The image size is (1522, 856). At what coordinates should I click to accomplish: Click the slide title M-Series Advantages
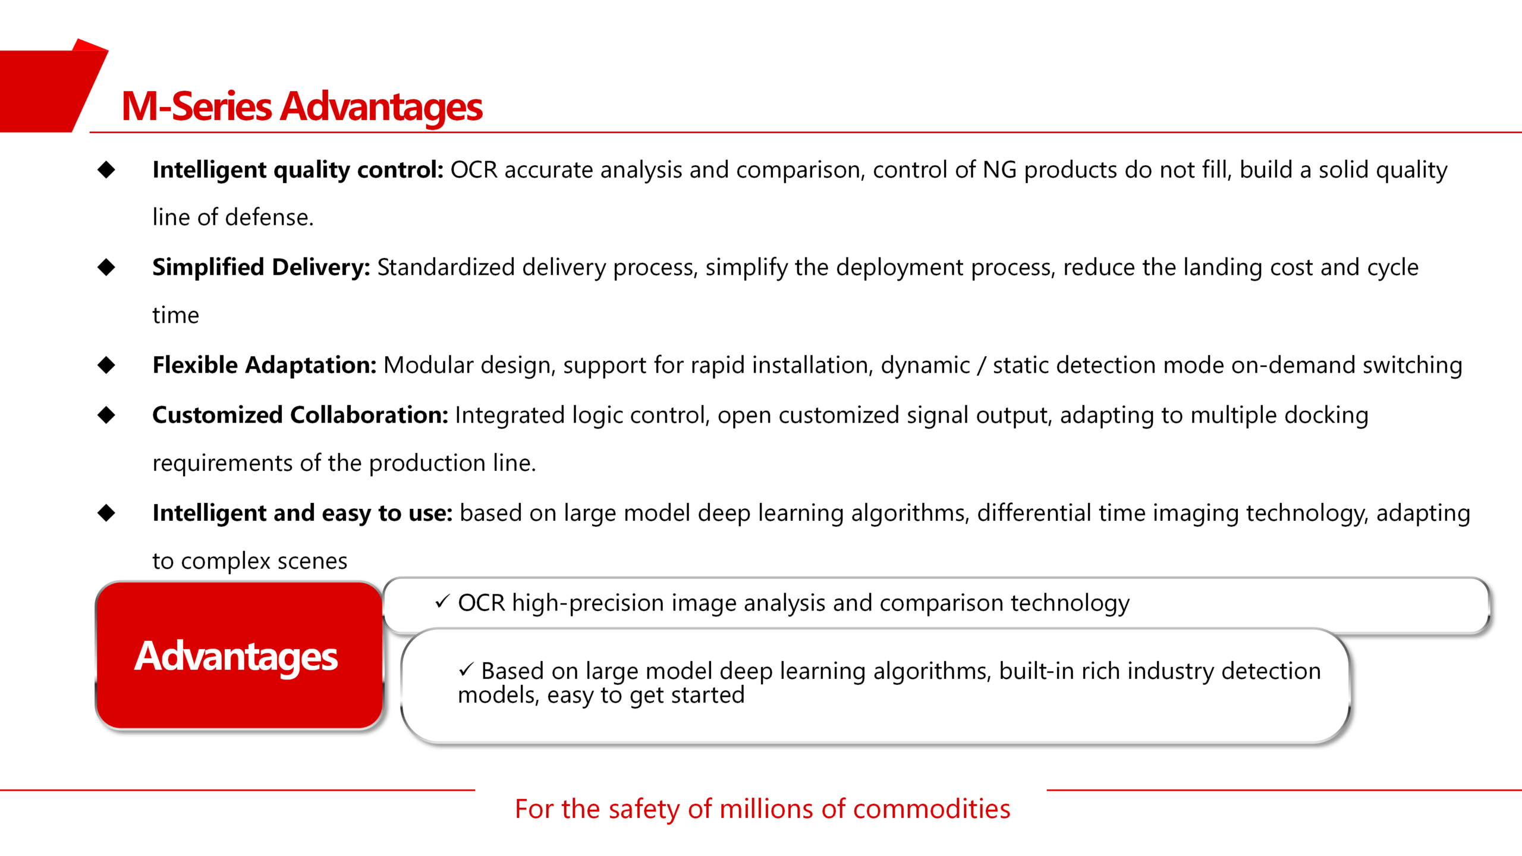click(302, 107)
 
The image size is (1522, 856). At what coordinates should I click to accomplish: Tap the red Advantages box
click(239, 656)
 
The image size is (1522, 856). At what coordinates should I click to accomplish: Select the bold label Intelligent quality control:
click(298, 171)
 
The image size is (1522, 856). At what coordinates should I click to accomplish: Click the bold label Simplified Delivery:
click(261, 268)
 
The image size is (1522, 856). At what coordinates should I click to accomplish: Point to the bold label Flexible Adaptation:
click(265, 365)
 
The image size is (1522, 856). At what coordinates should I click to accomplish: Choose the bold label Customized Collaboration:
click(300, 415)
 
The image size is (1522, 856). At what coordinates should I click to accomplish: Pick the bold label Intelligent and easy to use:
click(303, 513)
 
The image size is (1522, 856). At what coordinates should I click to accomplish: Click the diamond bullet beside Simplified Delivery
click(106, 267)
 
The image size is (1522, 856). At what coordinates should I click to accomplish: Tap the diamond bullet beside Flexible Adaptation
click(106, 365)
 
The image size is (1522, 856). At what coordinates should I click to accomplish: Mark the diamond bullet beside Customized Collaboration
click(106, 415)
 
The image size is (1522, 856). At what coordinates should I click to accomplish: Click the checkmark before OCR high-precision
click(442, 602)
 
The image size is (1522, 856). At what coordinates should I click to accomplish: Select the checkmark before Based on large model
click(466, 670)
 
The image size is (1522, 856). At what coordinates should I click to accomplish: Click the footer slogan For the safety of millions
click(762, 809)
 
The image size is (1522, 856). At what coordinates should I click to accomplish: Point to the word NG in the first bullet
click(999, 171)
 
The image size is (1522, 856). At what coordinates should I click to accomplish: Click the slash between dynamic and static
click(982, 366)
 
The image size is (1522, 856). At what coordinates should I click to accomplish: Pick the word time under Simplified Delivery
click(176, 316)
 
